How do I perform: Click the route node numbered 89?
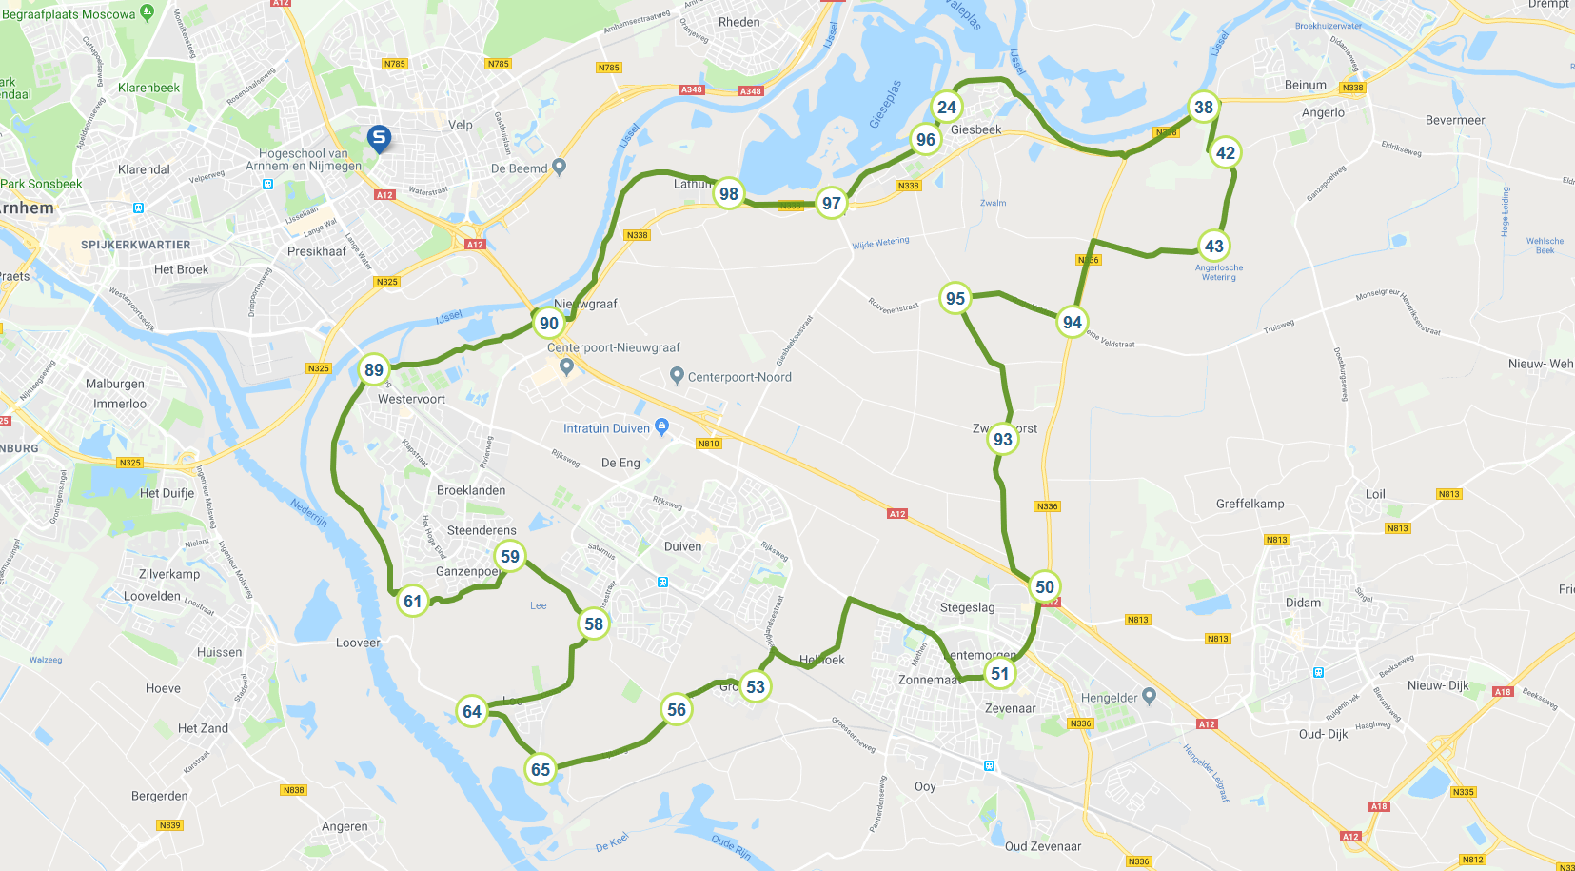point(374,370)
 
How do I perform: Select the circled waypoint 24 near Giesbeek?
point(946,107)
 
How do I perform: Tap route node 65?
point(541,769)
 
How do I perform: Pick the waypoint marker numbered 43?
point(1214,246)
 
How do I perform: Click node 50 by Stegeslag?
point(1045,586)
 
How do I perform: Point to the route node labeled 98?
point(729,193)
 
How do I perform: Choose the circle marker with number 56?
point(677,709)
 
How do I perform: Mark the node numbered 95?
point(955,298)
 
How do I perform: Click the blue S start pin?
point(379,138)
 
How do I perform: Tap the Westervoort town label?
point(411,399)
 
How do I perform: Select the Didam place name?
point(1303,603)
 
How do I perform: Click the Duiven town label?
point(682,546)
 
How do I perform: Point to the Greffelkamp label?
point(1250,504)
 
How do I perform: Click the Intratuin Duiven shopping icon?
point(662,426)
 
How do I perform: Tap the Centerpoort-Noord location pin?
point(677,376)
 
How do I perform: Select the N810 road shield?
point(709,444)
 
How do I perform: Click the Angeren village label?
point(345,826)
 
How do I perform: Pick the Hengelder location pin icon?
point(1149,696)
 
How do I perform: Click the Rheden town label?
point(739,22)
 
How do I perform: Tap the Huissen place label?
point(219,652)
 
